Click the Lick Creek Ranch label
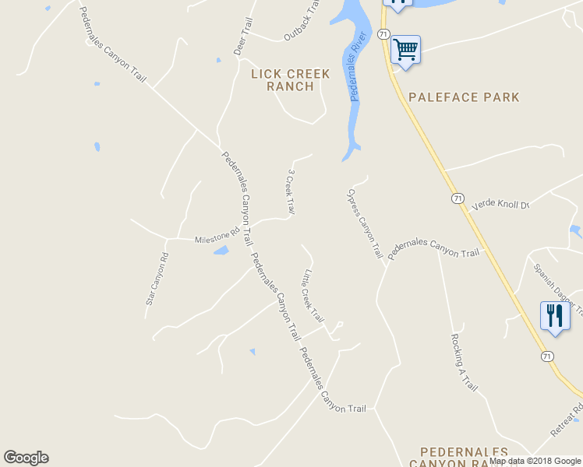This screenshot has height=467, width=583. tap(291, 80)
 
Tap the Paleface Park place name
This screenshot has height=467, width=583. tap(463, 97)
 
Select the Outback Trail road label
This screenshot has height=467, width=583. tap(302, 20)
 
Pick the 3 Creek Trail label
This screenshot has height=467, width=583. tap(290, 191)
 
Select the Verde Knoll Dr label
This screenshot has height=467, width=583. tap(501, 204)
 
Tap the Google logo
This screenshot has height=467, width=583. tap(26, 458)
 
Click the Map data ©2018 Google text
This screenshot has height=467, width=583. tap(535, 461)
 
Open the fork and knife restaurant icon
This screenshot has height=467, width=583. tap(554, 316)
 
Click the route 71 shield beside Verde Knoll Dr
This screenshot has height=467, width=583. tap(458, 198)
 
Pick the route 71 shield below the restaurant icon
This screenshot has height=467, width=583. tap(548, 356)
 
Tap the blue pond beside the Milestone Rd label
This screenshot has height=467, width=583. tap(221, 251)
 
